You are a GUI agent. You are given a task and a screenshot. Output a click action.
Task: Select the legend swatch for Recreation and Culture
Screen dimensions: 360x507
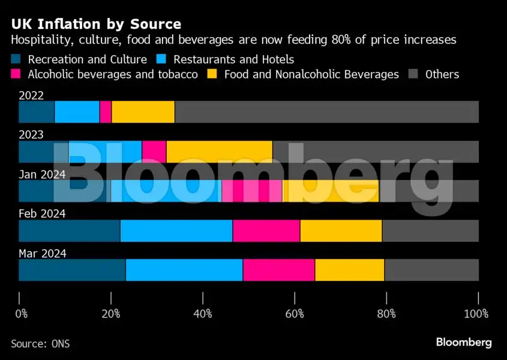click(x=16, y=59)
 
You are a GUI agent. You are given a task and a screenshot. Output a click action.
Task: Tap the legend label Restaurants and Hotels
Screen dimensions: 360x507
click(x=233, y=59)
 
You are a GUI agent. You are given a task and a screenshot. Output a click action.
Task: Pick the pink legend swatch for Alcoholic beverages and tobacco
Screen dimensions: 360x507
click(x=16, y=74)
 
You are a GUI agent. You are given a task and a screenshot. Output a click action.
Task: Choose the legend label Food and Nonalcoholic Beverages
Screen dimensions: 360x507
click(x=311, y=74)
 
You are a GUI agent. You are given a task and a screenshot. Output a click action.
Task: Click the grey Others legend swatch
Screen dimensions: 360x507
click(x=413, y=74)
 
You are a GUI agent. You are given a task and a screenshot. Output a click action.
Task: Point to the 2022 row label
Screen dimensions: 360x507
click(x=31, y=95)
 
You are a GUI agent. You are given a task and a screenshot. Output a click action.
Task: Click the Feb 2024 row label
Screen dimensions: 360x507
click(x=42, y=214)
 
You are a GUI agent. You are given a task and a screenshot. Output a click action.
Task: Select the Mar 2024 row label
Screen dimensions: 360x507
click(x=42, y=253)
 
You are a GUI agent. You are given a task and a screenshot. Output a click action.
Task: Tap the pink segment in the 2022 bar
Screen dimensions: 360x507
click(x=106, y=112)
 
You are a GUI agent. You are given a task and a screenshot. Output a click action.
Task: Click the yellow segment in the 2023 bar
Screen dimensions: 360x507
click(x=219, y=152)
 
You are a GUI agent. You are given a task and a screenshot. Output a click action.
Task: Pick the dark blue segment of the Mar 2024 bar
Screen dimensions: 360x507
click(x=72, y=270)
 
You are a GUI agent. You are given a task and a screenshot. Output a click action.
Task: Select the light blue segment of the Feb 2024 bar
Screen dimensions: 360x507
click(x=176, y=230)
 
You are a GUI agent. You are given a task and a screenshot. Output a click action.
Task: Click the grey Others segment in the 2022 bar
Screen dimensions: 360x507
click(x=326, y=112)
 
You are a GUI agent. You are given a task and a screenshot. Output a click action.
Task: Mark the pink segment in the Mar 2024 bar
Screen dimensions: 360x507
click(x=278, y=270)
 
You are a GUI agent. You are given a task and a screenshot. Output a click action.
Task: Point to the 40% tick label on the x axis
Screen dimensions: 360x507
click(x=203, y=314)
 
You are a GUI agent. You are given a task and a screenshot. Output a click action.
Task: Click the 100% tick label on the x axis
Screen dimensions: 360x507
click(x=476, y=314)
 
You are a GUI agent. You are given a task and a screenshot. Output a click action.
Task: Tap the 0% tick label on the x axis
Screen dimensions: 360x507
click(x=22, y=314)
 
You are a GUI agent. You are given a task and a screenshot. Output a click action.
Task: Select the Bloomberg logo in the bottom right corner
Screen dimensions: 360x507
click(x=463, y=343)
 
